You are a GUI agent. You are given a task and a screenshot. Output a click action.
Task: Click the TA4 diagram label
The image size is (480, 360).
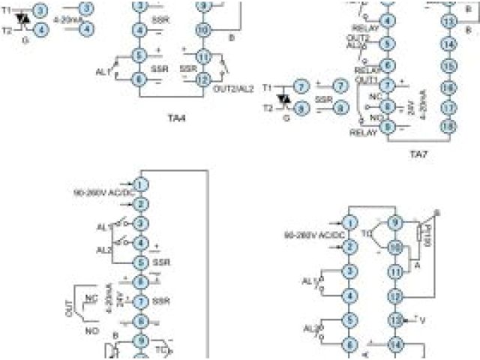[x=177, y=116]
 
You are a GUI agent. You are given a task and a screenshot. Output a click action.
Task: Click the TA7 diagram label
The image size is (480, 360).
[x=418, y=154]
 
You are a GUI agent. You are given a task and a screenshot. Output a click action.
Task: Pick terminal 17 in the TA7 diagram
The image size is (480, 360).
[x=448, y=106]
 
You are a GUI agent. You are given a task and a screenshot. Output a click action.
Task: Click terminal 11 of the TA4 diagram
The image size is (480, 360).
[x=202, y=57]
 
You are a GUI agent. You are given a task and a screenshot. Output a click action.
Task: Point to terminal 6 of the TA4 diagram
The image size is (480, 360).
[x=139, y=78]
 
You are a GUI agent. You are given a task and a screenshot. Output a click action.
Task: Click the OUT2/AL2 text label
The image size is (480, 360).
[x=233, y=88]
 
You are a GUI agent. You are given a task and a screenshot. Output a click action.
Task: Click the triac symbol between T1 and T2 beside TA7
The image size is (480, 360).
[x=284, y=97]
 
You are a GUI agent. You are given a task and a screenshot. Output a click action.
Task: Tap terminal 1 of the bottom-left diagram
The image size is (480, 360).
[x=139, y=184]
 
